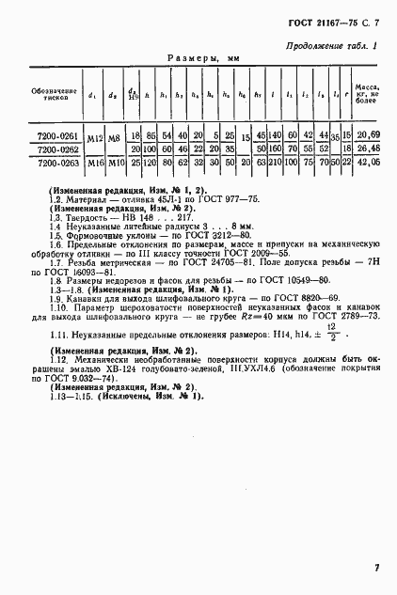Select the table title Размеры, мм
203,58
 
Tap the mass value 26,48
370,149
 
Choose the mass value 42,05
370,162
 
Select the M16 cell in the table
92,162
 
